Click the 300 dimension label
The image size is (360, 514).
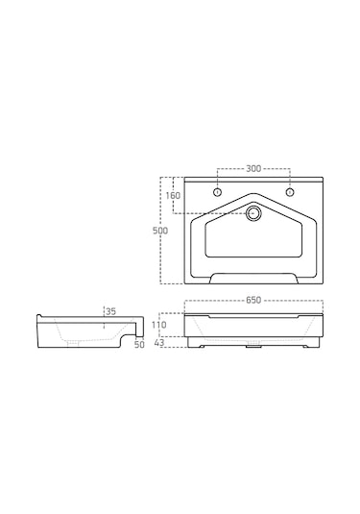point(253,168)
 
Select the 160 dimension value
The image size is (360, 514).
point(173,196)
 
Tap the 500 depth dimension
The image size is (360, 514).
point(160,231)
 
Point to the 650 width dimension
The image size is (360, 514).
point(253,300)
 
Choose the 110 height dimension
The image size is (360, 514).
point(158,325)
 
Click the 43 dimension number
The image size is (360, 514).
point(158,343)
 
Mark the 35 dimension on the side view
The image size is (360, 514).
point(111,311)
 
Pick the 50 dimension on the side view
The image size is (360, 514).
point(139,345)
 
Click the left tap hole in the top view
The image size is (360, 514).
point(218,192)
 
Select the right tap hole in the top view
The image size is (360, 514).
point(290,192)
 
